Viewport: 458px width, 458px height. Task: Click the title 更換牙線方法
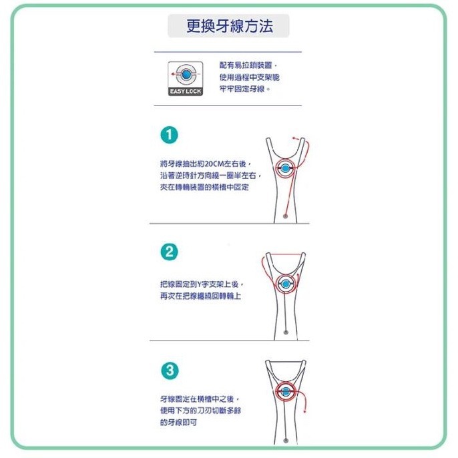tap(228, 27)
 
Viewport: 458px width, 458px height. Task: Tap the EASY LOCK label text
tap(185, 91)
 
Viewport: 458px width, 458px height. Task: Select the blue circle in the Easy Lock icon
tap(185, 73)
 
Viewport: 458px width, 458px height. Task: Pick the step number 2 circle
tap(170, 252)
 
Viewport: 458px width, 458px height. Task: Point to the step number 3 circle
tap(170, 370)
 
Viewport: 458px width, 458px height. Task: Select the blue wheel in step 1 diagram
tap(286, 168)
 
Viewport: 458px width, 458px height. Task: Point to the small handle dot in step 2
tap(286, 332)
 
